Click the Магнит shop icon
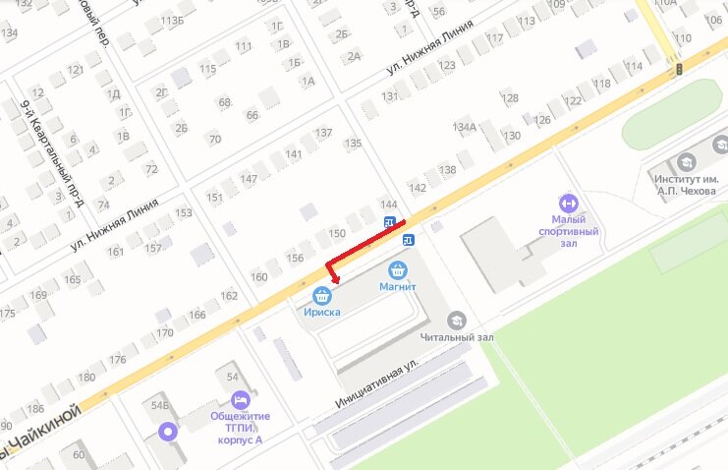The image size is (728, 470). tap(398, 269)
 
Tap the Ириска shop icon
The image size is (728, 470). tap(321, 295)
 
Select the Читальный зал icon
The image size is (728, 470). tap(456, 320)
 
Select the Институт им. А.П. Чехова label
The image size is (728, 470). tap(686, 184)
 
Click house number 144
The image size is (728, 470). tap(388, 204)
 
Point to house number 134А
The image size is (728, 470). tap(464, 127)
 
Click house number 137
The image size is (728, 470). tap(323, 132)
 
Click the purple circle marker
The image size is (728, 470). tap(168, 431)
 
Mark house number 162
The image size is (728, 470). tap(229, 295)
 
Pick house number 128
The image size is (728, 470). tap(509, 98)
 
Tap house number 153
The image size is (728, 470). tap(184, 212)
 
